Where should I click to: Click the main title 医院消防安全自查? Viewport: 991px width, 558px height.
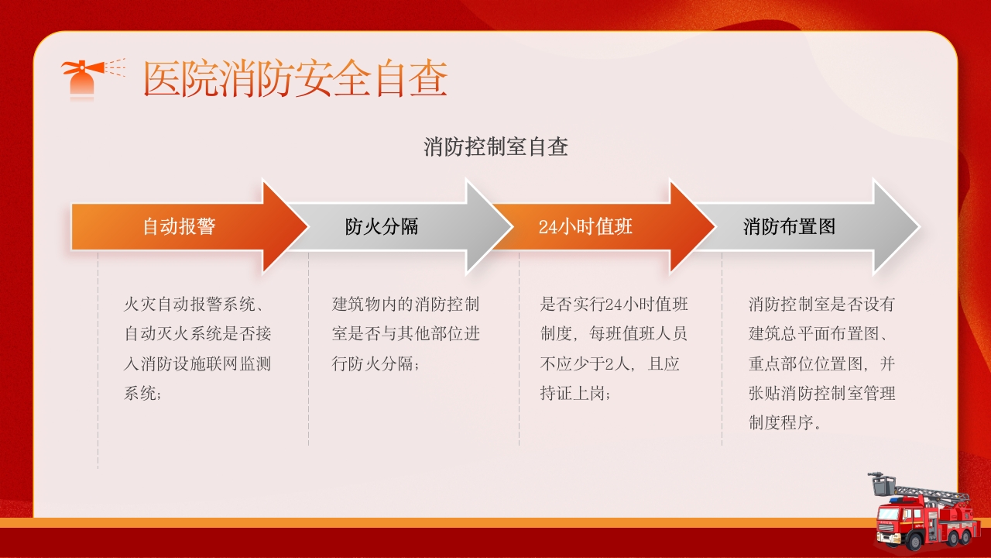tap(296, 79)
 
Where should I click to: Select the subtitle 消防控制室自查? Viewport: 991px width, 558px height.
tap(495, 146)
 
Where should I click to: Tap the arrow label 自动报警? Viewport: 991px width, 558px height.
tap(179, 226)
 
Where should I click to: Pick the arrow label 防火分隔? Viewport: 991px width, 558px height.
tap(382, 226)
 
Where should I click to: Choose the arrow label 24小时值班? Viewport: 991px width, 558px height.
tap(585, 226)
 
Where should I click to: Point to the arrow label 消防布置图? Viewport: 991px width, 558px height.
tap(789, 226)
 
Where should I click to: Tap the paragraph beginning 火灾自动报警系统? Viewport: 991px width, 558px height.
tap(197, 349)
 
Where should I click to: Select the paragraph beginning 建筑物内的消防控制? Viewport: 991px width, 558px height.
tap(406, 333)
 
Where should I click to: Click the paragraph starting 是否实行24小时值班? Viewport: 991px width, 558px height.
tap(614, 349)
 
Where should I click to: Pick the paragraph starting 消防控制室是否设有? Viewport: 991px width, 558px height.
tap(821, 363)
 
